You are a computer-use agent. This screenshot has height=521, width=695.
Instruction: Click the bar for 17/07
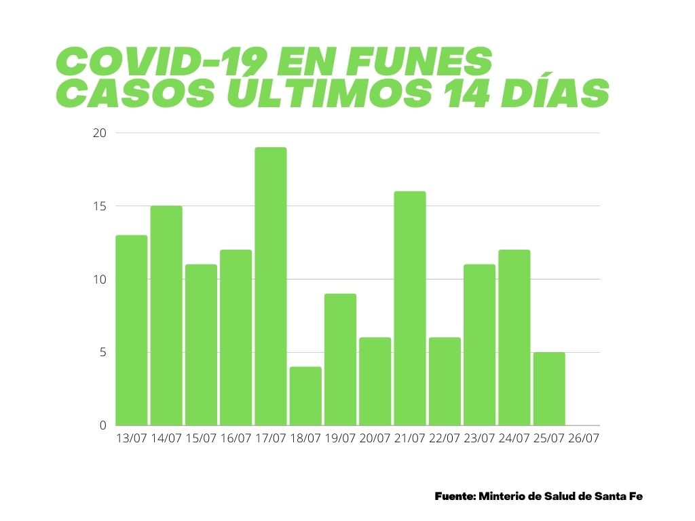coord(270,286)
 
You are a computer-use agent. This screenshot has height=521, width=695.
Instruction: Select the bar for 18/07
coord(305,396)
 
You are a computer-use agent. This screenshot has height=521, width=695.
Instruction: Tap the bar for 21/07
coord(410,309)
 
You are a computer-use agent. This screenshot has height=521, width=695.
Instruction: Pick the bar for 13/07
coord(131,330)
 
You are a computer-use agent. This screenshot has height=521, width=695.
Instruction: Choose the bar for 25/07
coord(549,389)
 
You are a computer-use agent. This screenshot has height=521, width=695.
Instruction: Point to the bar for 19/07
coord(340,360)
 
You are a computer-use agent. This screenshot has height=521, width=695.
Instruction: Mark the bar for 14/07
coord(166,315)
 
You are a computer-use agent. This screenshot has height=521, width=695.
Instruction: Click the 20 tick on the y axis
coord(100,133)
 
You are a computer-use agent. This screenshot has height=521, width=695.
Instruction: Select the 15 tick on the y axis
coord(100,206)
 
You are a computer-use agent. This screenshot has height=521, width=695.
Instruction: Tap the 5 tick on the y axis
coord(103,353)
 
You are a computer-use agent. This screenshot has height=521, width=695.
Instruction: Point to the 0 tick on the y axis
coord(103,426)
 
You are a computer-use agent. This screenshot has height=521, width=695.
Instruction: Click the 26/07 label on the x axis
coord(584,439)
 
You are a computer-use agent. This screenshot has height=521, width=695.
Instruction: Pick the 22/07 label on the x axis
coord(445,439)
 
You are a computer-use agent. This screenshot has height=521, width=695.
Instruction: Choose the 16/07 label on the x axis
coord(236,439)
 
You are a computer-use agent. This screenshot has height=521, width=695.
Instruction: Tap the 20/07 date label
coord(375,439)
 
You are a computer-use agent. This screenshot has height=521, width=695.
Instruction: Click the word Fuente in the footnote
coord(455,497)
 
